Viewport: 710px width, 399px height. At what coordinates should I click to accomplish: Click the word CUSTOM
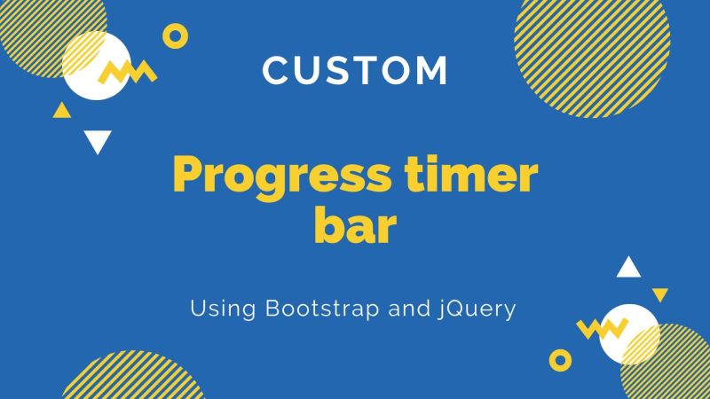point(355,71)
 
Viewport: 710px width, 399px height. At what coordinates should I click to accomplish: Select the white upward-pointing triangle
point(628,267)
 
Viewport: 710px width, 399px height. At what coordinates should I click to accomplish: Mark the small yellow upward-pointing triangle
point(61,112)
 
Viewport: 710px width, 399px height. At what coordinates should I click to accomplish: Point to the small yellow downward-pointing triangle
point(659,293)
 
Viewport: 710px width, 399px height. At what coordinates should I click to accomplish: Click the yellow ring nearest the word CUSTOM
point(176,35)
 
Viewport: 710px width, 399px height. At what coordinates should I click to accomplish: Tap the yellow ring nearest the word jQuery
point(560,358)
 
